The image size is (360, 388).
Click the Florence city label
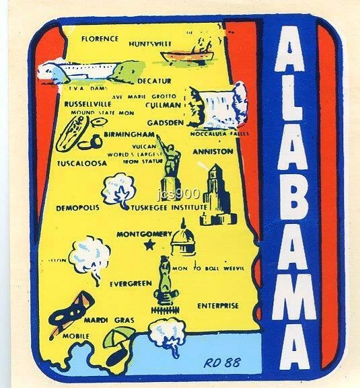99,38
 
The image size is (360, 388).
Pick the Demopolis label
78,208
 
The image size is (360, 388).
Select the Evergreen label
131,284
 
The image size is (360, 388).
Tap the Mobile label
76,334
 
